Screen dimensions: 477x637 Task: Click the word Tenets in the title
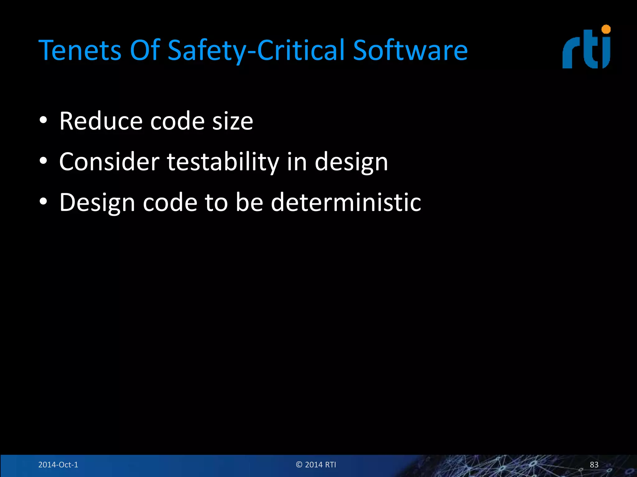click(x=80, y=50)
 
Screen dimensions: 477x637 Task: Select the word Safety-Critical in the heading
click(x=256, y=50)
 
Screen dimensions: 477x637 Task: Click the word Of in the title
click(x=145, y=50)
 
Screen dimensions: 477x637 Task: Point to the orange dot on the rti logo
click(x=606, y=30)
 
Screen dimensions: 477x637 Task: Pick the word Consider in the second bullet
click(x=109, y=162)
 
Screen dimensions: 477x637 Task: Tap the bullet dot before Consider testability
click(x=43, y=161)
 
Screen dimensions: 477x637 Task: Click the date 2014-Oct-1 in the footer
click(x=58, y=465)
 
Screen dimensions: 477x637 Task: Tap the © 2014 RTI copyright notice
click(x=316, y=465)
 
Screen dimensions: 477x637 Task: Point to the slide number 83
click(x=594, y=465)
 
